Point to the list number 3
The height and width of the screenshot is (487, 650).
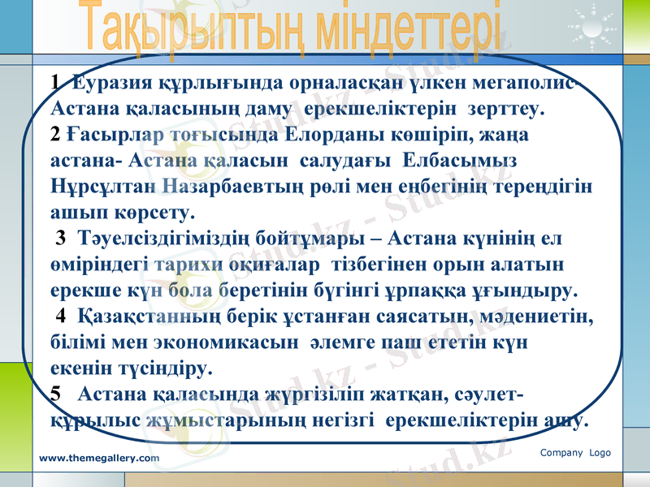pyautogui.click(x=60, y=239)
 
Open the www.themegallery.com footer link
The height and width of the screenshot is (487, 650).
pyautogui.click(x=100, y=459)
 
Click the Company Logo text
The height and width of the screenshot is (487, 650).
pyautogui.click(x=575, y=453)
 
